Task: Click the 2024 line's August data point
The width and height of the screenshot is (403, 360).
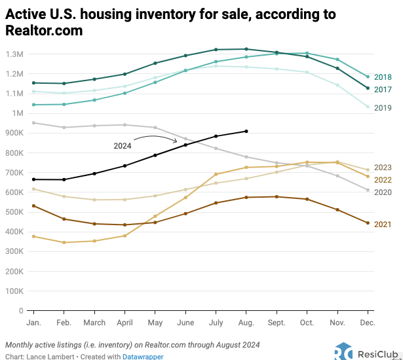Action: (246, 131)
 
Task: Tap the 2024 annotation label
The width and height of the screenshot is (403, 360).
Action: (123, 146)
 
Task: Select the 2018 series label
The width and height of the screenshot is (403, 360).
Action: (383, 77)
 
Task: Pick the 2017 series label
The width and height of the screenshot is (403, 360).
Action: (383, 89)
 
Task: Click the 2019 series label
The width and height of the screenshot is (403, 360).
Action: (383, 107)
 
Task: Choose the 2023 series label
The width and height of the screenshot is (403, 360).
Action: (383, 168)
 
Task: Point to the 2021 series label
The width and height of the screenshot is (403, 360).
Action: (383, 225)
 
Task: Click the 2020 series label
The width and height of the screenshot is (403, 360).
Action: (383, 192)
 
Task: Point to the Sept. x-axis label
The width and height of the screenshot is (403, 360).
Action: (277, 323)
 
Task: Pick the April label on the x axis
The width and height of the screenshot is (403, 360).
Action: (125, 323)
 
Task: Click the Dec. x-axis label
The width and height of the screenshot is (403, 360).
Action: (367, 323)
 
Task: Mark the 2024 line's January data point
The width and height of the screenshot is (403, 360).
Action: (33, 179)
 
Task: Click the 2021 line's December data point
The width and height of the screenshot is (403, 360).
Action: (367, 223)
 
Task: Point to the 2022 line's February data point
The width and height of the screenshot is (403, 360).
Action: (64, 242)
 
